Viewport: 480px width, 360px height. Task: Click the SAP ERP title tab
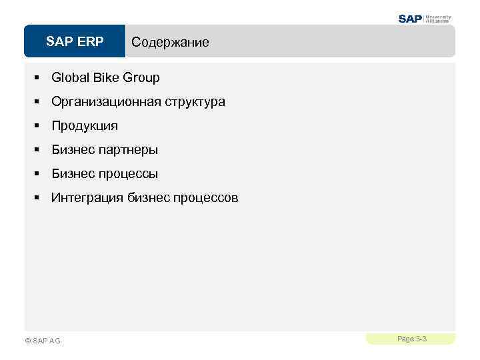75,42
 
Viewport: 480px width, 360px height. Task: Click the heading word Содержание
170,43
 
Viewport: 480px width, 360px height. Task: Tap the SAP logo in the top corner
411,19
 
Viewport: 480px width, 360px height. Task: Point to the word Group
141,78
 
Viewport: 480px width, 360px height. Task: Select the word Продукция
85,126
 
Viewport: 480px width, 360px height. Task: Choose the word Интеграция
84,198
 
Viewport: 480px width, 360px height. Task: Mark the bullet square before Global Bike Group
38,78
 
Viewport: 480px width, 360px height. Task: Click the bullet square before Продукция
38,126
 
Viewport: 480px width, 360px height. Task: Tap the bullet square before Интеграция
38,198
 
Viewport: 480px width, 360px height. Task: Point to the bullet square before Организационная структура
38,102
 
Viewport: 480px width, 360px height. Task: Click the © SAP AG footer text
42,341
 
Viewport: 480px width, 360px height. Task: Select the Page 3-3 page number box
411,339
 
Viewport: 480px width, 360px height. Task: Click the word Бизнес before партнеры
73,150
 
